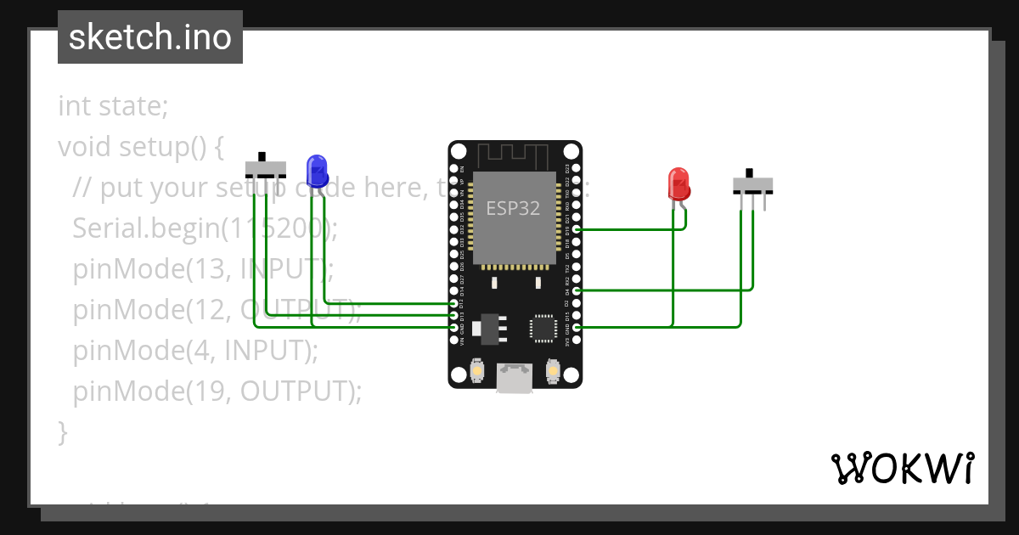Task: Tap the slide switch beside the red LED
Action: [752, 184]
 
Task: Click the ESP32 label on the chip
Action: [513, 208]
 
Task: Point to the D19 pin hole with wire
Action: [577, 229]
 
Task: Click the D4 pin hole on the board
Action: [577, 290]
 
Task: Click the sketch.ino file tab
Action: [150, 37]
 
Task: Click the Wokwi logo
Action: [903, 468]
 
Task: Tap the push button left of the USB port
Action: [478, 372]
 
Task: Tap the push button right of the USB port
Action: [553, 372]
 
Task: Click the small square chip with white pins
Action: [543, 328]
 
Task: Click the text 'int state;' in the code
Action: [113, 107]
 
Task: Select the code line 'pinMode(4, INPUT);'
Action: [195, 350]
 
